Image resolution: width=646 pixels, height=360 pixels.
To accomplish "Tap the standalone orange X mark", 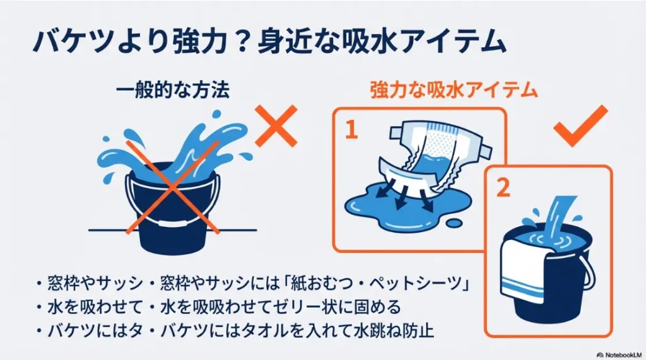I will pyautogui.click(x=275, y=126).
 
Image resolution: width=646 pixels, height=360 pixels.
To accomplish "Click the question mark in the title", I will pyautogui.click(x=245, y=43).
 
